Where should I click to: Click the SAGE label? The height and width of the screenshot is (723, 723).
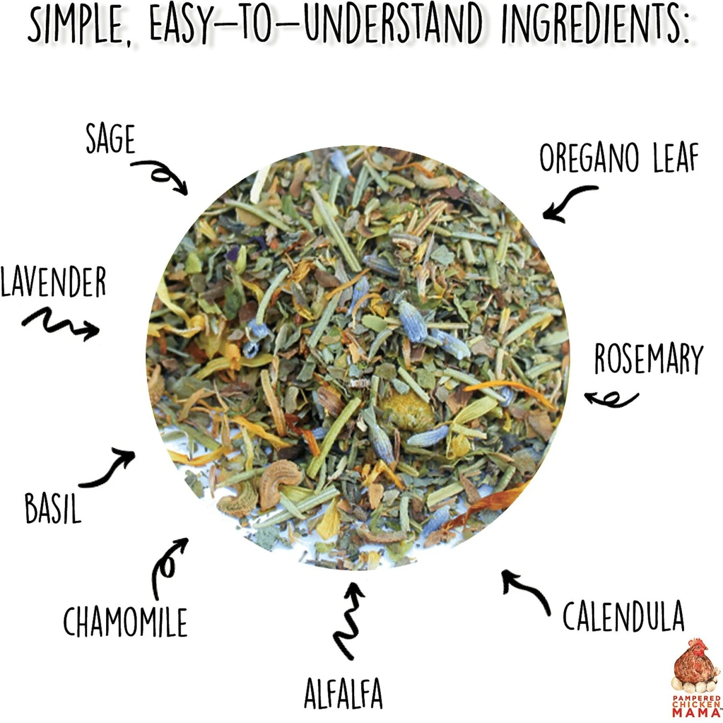tap(110, 139)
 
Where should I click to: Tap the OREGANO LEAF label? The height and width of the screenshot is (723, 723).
tap(618, 158)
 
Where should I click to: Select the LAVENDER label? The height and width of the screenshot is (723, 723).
tap(53, 282)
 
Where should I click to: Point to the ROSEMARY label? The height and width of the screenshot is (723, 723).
tap(648, 359)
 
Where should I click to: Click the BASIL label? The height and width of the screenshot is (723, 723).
tap(53, 509)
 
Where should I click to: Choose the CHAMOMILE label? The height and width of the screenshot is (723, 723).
tap(125, 622)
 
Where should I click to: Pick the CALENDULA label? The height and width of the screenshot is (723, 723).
tap(623, 616)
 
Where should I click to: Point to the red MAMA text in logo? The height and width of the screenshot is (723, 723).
tap(696, 712)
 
